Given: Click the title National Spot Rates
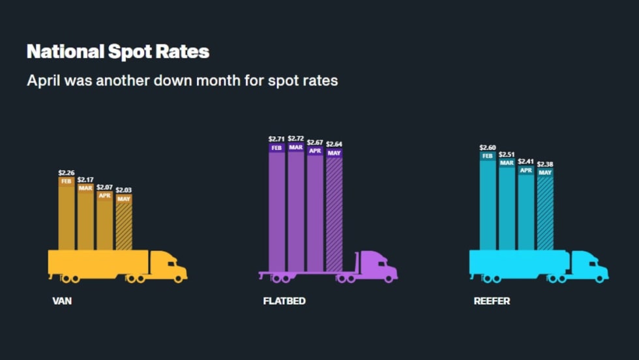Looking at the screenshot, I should [x=118, y=52].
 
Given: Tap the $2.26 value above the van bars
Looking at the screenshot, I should [x=66, y=173].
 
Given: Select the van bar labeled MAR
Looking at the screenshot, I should [x=85, y=218].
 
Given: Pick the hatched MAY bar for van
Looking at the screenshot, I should [x=124, y=225].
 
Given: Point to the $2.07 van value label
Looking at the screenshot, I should [x=104, y=187].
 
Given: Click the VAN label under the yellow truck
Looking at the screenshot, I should [x=62, y=301].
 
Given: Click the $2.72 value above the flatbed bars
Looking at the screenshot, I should [x=296, y=139].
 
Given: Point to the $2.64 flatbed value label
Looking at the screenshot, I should [x=334, y=143].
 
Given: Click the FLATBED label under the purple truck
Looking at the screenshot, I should [x=284, y=301].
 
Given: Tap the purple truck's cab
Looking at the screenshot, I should [x=378, y=266].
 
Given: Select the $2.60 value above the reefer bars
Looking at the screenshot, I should [x=488, y=148].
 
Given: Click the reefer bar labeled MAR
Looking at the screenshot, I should [x=507, y=205].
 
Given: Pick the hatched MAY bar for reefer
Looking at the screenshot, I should [x=545, y=212].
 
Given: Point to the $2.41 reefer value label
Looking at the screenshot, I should [x=526, y=161].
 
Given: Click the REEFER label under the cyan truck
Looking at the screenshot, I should [x=492, y=301].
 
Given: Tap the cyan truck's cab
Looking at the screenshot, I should [x=589, y=266].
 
